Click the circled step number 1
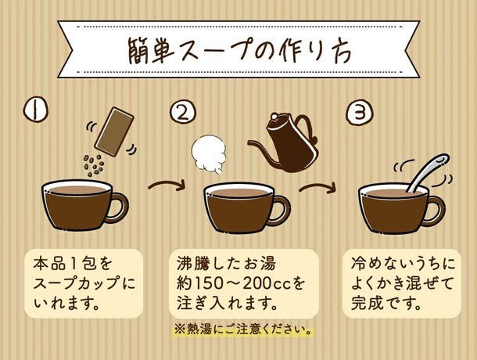[x=36, y=111]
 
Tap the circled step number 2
[x=183, y=113]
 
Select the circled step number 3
[x=360, y=113]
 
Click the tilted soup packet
[x=114, y=131]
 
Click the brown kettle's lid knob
[x=274, y=116]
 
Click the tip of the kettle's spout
[x=249, y=142]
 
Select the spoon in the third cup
[x=428, y=173]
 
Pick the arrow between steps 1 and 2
[x=167, y=184]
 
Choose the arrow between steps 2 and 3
[x=317, y=187]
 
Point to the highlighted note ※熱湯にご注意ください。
[x=243, y=329]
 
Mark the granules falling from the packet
[x=94, y=165]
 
